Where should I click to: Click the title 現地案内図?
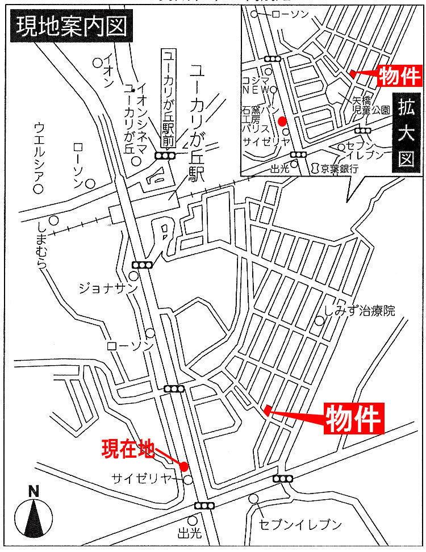pos(71,27)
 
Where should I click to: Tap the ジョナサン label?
pos(107,288)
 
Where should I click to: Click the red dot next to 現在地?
pos(184,466)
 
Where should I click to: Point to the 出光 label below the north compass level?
pos(190,533)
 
